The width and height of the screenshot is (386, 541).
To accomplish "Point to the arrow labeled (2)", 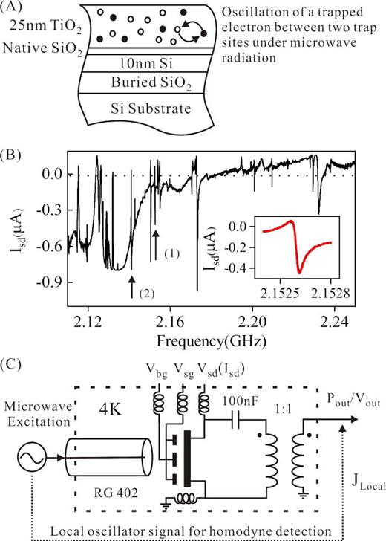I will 131,286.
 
